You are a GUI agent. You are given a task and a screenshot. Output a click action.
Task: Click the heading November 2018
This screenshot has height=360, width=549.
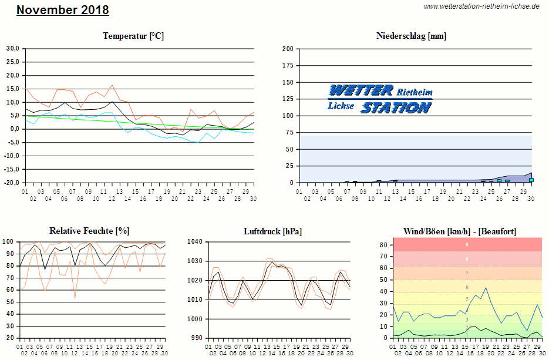coord(63,11)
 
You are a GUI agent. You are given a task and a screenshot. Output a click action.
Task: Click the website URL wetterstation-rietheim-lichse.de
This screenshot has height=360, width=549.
coord(481,6)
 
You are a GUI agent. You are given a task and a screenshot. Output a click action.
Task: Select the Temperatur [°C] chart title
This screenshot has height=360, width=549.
coord(133,36)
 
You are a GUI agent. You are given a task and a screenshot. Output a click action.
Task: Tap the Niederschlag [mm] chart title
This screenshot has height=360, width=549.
coord(411,36)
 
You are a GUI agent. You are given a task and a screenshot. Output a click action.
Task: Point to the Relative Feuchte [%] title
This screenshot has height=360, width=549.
coord(89,231)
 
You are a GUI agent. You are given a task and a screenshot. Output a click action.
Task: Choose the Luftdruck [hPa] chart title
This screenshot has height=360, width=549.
coord(272,231)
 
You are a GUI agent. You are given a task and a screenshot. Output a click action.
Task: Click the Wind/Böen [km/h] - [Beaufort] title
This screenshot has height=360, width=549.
coord(460,231)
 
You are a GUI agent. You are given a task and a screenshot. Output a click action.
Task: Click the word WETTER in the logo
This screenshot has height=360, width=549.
coord(361,90)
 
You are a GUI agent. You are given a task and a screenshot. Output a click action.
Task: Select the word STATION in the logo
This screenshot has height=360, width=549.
coord(396,107)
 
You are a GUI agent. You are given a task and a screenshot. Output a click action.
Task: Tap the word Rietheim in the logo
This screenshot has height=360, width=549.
coord(415,92)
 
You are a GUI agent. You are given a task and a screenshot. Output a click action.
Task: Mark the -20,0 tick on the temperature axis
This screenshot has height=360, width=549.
coord(12,183)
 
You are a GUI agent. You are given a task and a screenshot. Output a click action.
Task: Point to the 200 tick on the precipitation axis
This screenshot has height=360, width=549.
coord(288,49)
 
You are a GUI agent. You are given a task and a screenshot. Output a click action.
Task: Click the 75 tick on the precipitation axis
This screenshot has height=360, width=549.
coord(289,133)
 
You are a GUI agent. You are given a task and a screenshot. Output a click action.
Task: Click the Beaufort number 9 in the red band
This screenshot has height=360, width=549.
coord(467,244)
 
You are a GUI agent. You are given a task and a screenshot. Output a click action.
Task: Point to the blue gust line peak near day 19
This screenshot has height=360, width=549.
coord(486,288)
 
